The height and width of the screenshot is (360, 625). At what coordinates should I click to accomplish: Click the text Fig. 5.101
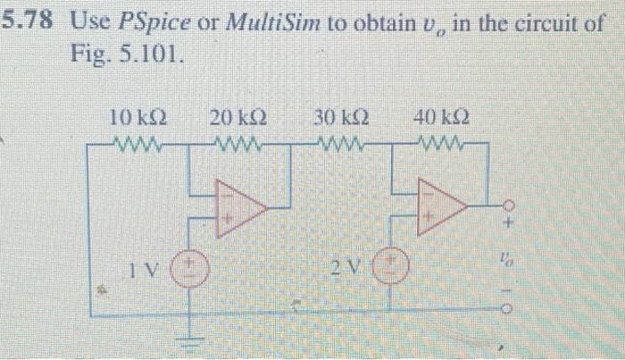tap(129, 54)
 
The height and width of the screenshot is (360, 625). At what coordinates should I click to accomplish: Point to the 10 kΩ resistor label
tap(135, 117)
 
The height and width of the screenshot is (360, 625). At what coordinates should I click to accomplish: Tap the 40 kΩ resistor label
tap(443, 117)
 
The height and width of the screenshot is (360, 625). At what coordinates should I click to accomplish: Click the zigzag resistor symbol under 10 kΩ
tap(135, 144)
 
